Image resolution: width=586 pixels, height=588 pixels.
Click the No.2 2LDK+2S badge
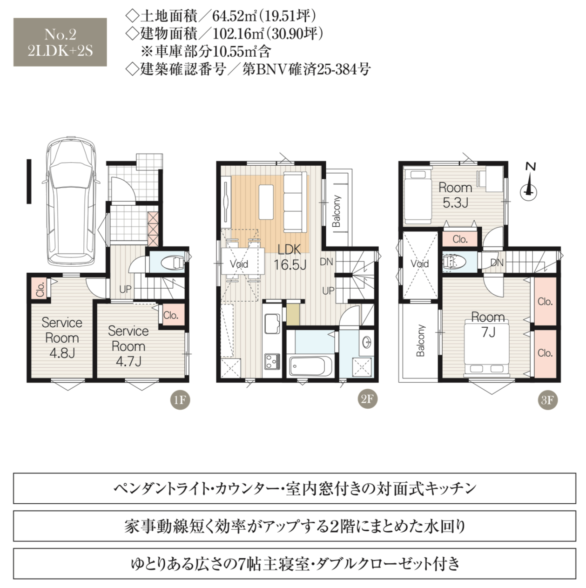60,42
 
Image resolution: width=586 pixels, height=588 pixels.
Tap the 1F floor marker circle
180,399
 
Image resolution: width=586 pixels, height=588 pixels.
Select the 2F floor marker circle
367,399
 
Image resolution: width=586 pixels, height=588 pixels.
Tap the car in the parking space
71,202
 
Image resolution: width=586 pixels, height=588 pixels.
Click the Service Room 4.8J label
62,338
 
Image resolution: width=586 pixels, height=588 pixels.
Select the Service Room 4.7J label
128,346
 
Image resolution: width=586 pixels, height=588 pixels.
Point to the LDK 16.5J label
290,257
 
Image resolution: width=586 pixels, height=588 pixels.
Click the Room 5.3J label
455,195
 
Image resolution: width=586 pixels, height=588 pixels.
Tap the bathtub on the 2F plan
310,366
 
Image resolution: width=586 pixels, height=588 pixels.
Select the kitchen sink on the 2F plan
272,324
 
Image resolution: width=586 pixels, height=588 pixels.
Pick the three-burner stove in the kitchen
272,362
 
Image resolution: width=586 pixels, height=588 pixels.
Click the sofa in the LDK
295,202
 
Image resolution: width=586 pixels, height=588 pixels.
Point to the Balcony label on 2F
337,211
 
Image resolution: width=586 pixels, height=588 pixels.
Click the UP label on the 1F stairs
125,289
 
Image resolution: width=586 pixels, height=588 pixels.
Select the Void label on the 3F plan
420,264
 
